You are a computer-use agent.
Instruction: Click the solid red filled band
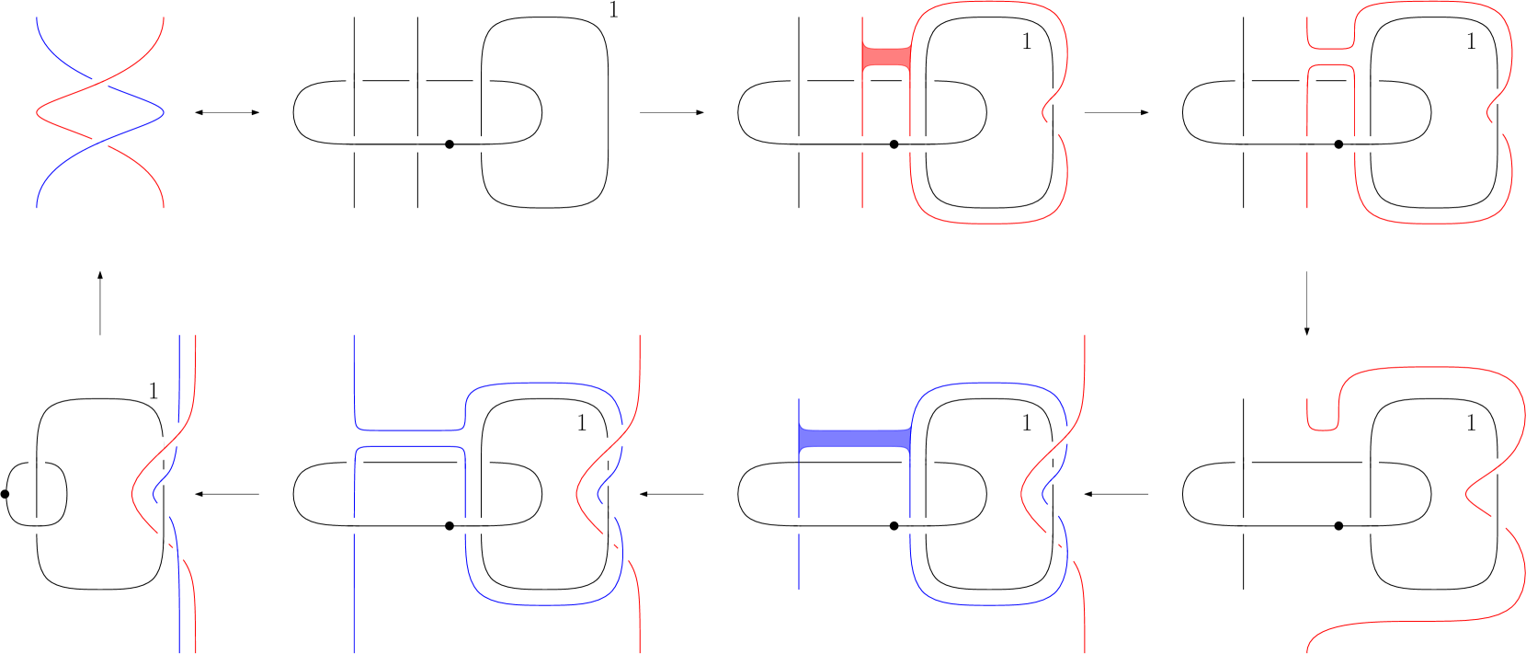pos(886,57)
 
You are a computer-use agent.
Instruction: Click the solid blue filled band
pos(855,439)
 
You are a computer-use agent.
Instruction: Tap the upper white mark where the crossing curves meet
pos(100,84)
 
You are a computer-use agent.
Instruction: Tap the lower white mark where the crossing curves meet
pos(100,143)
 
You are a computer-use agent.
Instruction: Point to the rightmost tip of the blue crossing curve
pos(164,113)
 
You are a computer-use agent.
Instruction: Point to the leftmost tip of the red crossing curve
pos(37,113)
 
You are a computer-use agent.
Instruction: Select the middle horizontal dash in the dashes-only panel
pos(417,81)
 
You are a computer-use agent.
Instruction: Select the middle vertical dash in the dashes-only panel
pos(417,144)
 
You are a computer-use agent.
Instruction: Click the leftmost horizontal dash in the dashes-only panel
pos(354,81)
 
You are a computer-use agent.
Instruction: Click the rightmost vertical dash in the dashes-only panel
pos(481,144)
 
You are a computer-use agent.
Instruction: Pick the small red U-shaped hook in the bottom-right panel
pos(1323,419)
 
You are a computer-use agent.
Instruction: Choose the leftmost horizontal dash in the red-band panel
pos(799,81)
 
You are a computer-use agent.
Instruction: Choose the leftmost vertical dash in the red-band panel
pos(799,144)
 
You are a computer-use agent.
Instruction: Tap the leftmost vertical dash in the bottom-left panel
pos(37,525)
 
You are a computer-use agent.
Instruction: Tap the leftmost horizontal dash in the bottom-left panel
pos(37,462)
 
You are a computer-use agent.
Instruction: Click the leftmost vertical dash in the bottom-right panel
pos(1244,525)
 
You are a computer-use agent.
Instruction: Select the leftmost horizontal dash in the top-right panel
pos(1244,81)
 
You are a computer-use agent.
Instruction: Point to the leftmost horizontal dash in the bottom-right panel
pos(1244,462)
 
